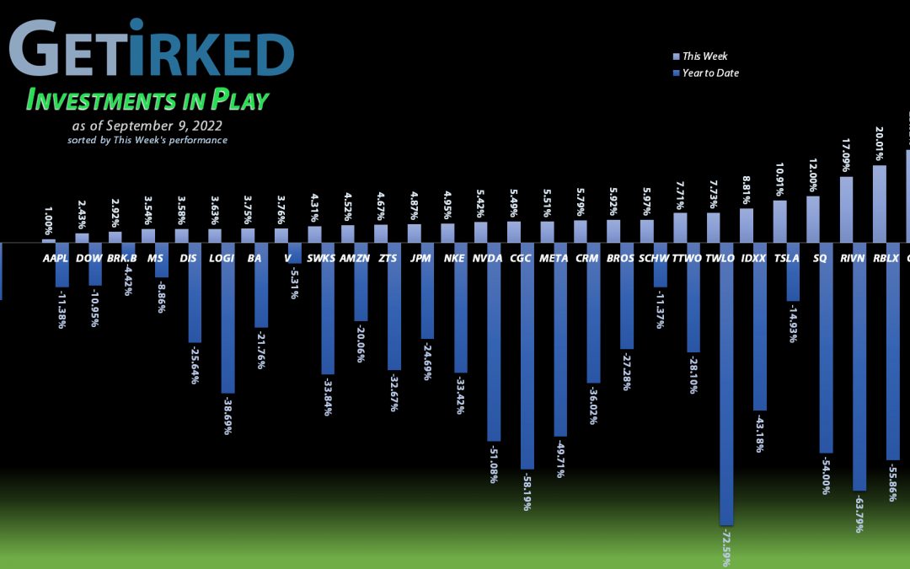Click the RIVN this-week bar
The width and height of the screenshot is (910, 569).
[846, 209]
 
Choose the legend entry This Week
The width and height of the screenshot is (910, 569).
[704, 56]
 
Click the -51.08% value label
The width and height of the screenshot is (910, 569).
[493, 464]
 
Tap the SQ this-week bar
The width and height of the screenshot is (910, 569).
[813, 219]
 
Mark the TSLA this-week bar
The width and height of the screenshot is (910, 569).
[779, 222]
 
